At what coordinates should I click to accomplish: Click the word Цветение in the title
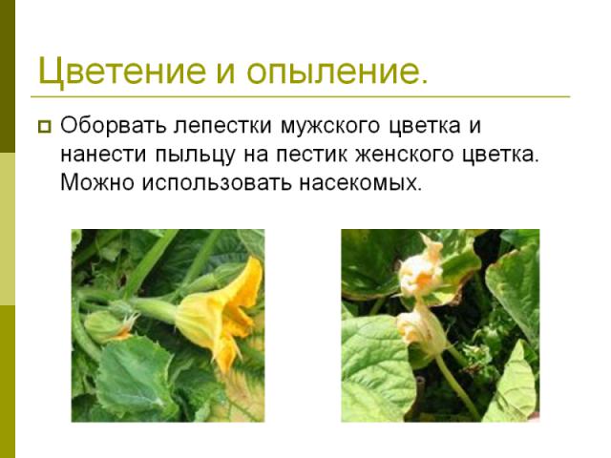click(x=122, y=72)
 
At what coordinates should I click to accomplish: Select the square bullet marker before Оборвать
click(x=45, y=127)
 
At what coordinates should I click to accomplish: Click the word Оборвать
click(x=113, y=125)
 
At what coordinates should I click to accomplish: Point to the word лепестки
click(x=222, y=126)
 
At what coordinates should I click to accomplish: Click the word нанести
click(x=104, y=155)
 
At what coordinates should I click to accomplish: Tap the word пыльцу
click(x=196, y=156)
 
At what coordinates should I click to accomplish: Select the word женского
click(x=405, y=155)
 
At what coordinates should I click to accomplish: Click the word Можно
click(x=97, y=182)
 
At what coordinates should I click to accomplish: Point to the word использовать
click(x=217, y=182)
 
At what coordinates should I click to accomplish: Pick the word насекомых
click(x=361, y=182)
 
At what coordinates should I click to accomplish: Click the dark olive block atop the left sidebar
click(x=8, y=76)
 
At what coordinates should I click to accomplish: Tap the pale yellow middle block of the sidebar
click(x=8, y=229)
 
